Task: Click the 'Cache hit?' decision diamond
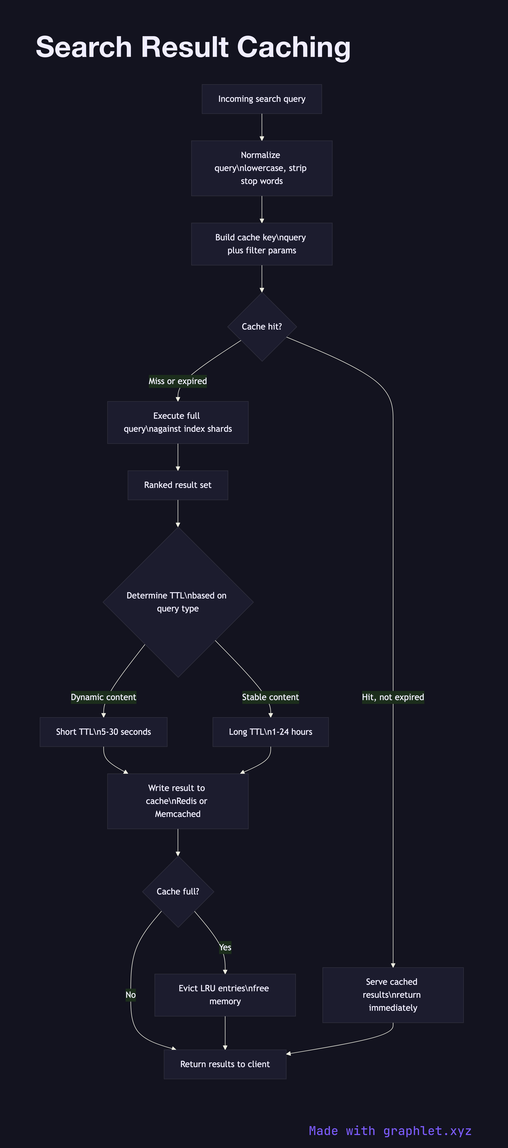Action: pyautogui.click(x=262, y=327)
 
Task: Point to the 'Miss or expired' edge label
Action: pyautogui.click(x=178, y=381)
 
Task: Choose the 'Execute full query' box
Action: pyautogui.click(x=178, y=422)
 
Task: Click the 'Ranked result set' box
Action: pyautogui.click(x=178, y=485)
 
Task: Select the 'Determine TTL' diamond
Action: pyautogui.click(x=178, y=602)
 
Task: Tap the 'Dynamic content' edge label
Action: pyautogui.click(x=103, y=697)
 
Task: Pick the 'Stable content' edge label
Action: pyautogui.click(x=270, y=697)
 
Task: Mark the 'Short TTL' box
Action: pyautogui.click(x=103, y=732)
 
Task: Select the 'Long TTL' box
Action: pyautogui.click(x=270, y=732)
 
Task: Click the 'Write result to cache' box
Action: pyautogui.click(x=178, y=801)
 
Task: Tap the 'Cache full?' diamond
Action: pyautogui.click(x=178, y=891)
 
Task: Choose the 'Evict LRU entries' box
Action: pyautogui.click(x=225, y=995)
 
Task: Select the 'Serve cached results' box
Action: pyautogui.click(x=393, y=995)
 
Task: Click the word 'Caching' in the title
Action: pyautogui.click(x=294, y=47)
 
